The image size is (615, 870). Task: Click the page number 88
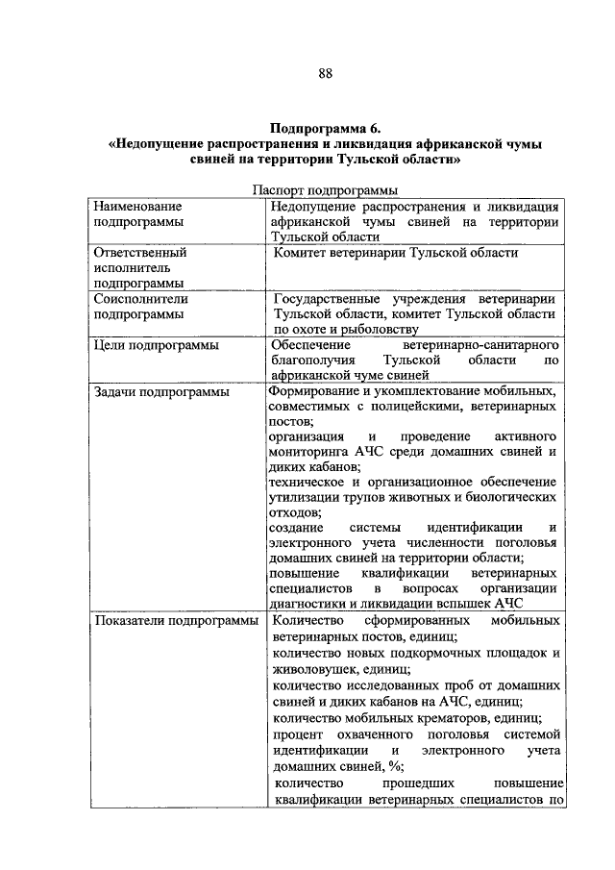point(325,74)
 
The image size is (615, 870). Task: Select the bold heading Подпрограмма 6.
point(325,127)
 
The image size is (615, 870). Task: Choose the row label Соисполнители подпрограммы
point(140,306)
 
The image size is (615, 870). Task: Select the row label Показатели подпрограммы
point(174,621)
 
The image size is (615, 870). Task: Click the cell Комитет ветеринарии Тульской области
point(396,253)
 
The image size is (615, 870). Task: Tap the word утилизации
point(304,497)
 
